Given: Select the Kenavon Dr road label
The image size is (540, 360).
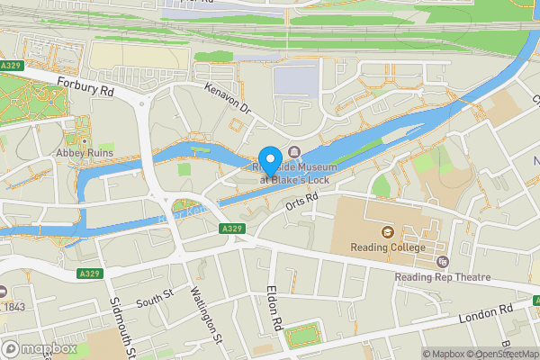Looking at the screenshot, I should point(226,101).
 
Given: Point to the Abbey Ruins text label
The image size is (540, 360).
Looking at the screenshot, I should point(84,153).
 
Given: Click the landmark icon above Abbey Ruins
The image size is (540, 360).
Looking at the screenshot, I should point(84,140).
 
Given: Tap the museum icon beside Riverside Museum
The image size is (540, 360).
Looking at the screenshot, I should point(293,152).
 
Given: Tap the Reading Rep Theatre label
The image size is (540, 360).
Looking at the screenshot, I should point(441,277).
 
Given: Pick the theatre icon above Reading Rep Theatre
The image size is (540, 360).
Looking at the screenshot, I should point(441,262).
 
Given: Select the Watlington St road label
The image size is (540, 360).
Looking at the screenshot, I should point(206,315).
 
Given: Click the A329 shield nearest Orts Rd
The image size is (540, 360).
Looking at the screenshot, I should point(230,229).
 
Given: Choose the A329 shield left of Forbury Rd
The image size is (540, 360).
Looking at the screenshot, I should point(12,67).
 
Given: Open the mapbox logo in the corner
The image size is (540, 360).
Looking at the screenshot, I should point(39,348).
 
